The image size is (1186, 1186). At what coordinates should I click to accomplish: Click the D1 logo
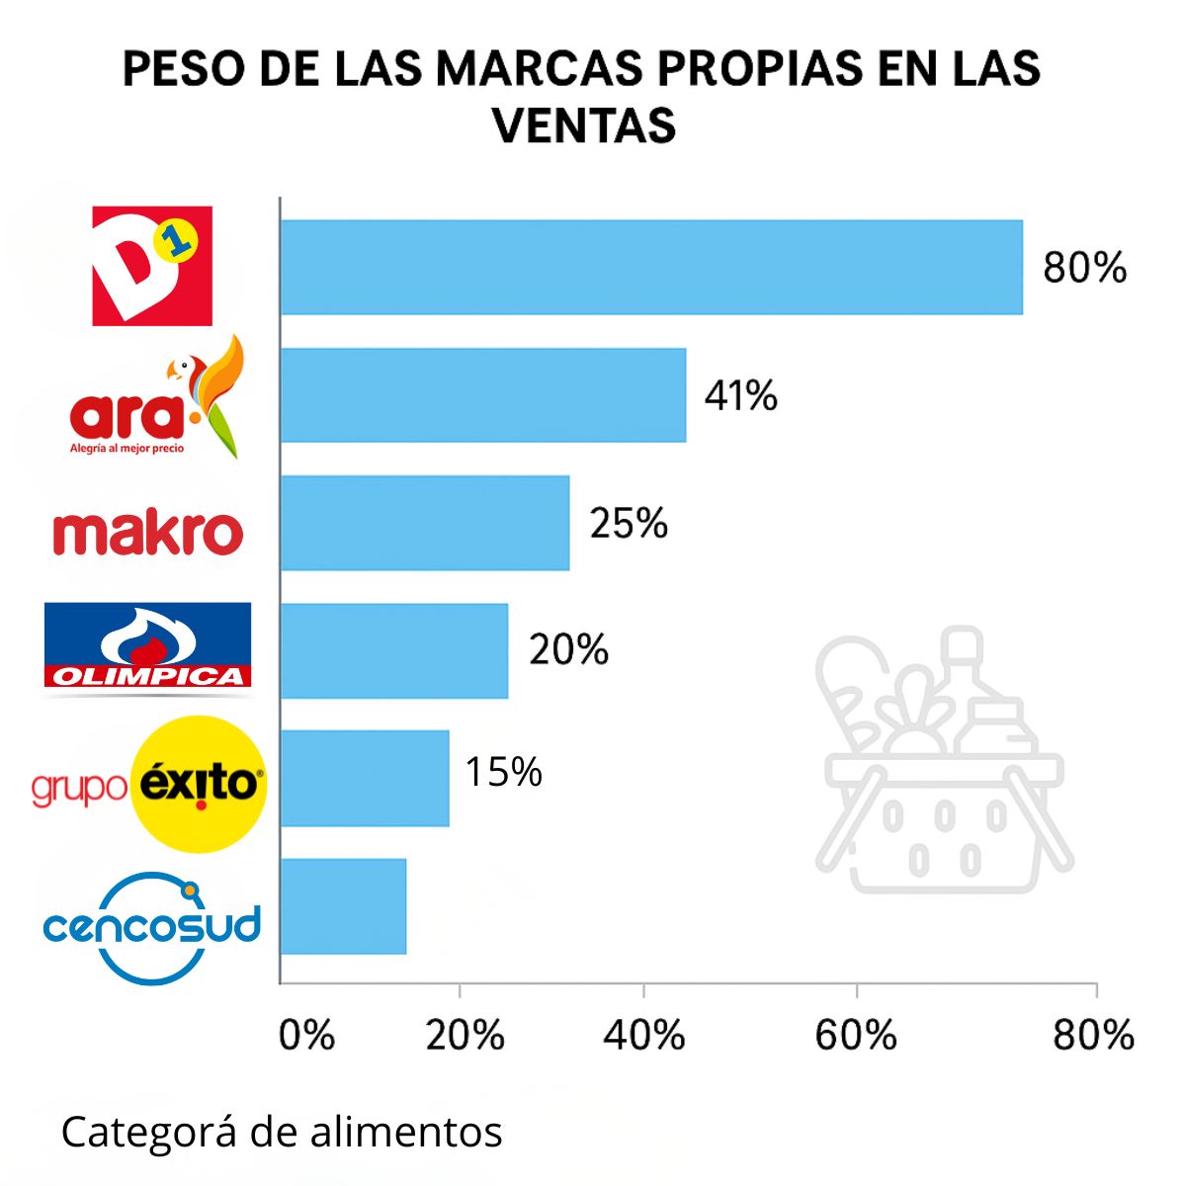(152, 266)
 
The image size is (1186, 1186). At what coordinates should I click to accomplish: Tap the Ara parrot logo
(156, 398)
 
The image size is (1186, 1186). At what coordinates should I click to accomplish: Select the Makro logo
(147, 532)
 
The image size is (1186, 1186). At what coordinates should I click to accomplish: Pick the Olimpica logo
(147, 645)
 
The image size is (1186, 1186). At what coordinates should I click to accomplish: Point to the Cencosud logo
(152, 927)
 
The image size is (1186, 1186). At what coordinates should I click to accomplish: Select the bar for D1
(650, 267)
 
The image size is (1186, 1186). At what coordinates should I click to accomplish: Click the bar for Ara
(482, 395)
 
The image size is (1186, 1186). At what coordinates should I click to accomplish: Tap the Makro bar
(424, 523)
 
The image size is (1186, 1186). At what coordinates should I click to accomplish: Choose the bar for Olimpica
(393, 651)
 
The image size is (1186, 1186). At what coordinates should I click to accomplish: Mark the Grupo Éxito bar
(364, 779)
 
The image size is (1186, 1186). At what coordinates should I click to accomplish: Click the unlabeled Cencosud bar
(343, 906)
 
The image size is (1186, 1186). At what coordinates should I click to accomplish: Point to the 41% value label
(740, 395)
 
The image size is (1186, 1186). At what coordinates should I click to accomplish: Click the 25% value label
(629, 523)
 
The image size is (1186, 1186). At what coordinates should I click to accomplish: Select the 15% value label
(503, 772)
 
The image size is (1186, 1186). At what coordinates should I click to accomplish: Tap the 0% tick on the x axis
(306, 1035)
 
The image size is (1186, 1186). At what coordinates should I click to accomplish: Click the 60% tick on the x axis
(856, 1035)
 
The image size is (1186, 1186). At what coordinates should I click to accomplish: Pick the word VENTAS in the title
(584, 126)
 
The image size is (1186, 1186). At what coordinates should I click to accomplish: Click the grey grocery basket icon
(942, 761)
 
